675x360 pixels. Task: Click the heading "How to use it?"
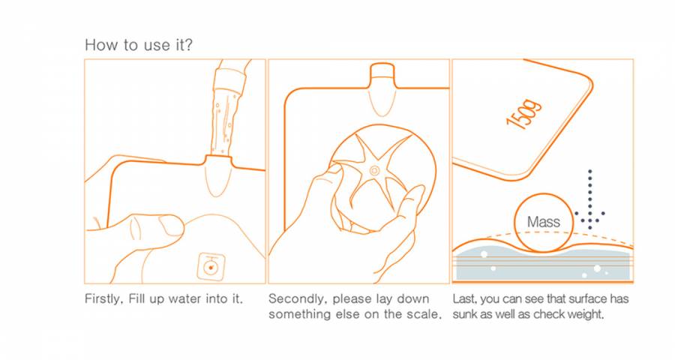139,45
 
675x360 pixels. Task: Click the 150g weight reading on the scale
523,114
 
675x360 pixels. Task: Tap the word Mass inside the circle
544,222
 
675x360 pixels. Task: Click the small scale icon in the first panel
211,266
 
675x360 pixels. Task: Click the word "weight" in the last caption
586,314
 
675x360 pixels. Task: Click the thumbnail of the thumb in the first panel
170,225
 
